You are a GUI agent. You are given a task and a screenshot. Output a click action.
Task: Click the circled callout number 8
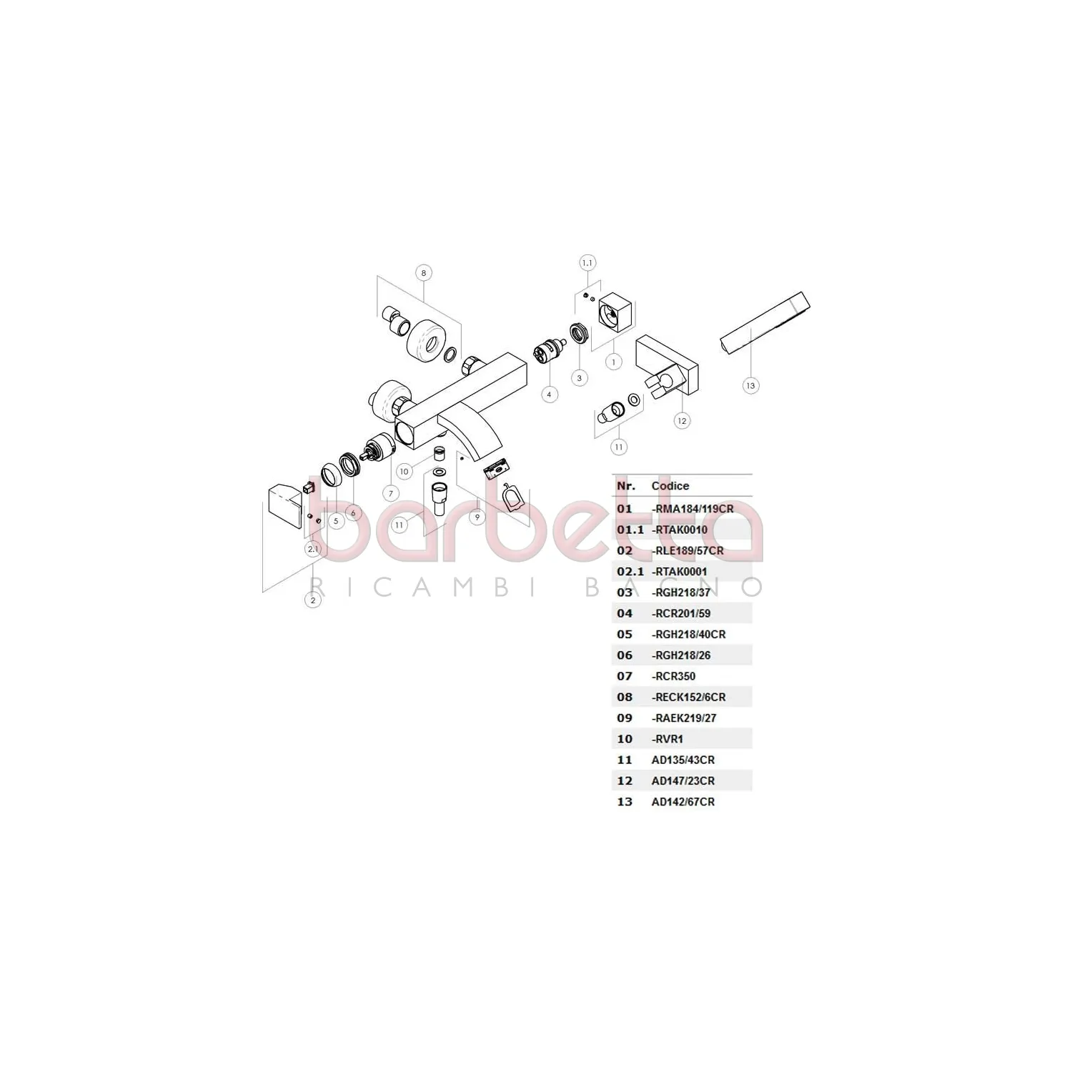point(424,273)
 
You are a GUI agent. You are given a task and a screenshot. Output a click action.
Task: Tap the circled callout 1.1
point(587,263)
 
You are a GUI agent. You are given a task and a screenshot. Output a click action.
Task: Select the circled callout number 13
point(750,386)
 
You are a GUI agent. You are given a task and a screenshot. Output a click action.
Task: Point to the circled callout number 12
point(682,421)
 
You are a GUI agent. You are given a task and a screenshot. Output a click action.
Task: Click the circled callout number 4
point(550,394)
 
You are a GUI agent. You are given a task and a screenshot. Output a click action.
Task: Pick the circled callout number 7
point(391,493)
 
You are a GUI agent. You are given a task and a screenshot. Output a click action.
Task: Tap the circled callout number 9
point(477,517)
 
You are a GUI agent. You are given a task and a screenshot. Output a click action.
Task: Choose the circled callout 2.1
point(313,549)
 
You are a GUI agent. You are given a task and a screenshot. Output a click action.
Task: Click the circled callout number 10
point(405,472)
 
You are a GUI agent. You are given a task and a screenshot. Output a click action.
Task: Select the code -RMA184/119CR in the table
point(693,509)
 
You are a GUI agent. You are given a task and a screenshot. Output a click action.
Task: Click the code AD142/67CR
point(683,802)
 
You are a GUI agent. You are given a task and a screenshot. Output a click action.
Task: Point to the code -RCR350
point(673,676)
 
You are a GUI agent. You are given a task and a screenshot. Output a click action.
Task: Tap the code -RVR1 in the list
point(667,739)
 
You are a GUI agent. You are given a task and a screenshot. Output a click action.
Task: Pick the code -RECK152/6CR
point(688,697)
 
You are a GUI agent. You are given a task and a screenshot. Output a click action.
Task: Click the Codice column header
point(670,486)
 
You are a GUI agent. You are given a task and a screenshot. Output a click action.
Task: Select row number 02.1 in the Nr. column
point(630,572)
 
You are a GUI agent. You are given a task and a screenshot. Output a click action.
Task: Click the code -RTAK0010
point(679,530)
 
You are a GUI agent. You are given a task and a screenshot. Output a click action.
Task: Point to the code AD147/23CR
point(683,781)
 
